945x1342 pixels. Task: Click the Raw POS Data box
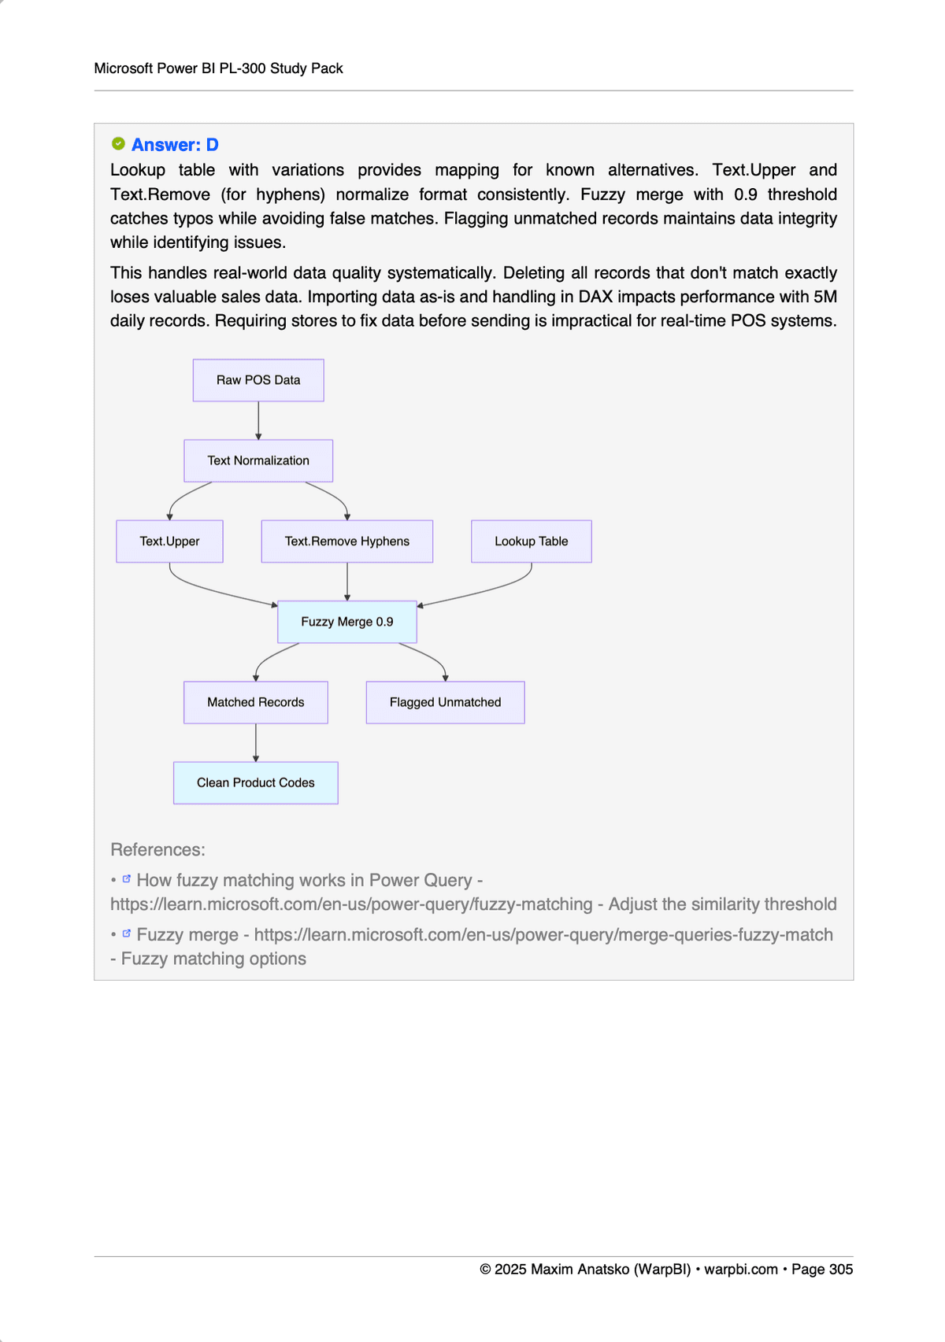pos(258,380)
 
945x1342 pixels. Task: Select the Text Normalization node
pos(258,460)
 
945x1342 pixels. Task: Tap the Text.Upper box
pos(169,542)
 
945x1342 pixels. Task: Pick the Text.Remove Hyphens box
pos(346,542)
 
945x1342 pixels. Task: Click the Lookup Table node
pos(531,542)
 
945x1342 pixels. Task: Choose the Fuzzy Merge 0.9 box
pos(346,622)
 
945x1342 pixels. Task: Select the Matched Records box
pos(255,702)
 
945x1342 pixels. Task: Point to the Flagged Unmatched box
pos(445,702)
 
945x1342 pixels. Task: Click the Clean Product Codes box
pos(255,782)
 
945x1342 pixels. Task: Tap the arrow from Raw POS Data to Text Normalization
pos(258,420)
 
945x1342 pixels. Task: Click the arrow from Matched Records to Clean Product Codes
pos(255,742)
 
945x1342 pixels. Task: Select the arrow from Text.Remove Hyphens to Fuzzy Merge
pos(346,582)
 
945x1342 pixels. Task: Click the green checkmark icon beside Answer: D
pos(118,143)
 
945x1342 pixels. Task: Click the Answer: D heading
pos(175,145)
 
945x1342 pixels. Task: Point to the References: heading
pos(157,850)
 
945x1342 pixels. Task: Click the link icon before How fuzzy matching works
pos(126,878)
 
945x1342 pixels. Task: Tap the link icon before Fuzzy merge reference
pos(126,933)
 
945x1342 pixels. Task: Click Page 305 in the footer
pos(822,1270)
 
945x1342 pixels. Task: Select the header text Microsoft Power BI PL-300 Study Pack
pos(218,68)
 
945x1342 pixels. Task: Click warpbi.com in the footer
pos(740,1270)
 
